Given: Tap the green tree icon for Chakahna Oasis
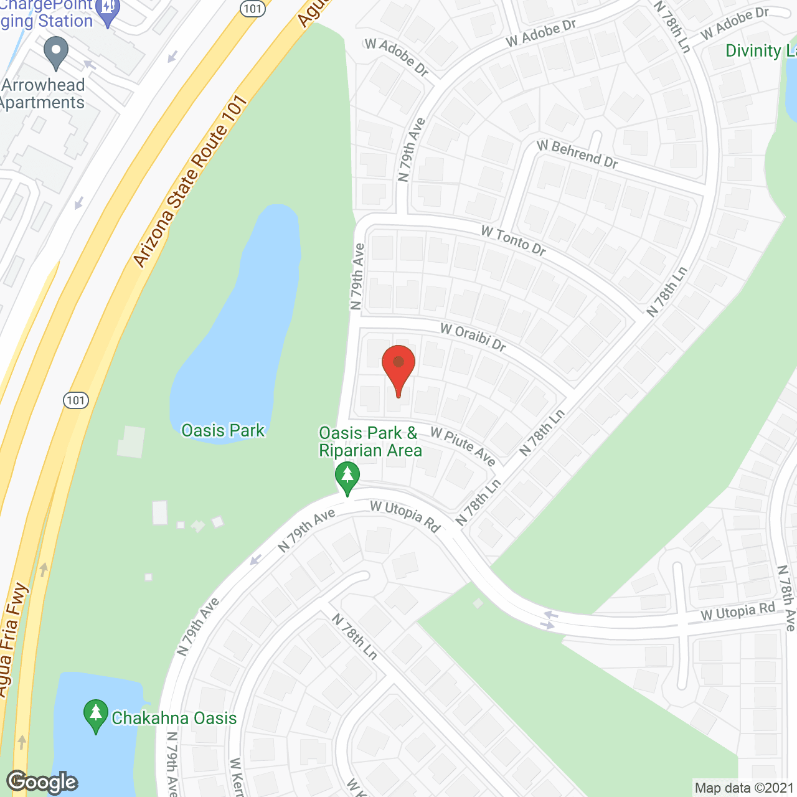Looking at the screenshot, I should (x=95, y=716).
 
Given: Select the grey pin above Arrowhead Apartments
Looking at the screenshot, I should (x=57, y=52).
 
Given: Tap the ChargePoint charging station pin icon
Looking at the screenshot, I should (x=109, y=12).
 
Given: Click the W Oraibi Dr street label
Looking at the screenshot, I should (x=473, y=337).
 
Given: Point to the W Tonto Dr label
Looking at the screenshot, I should (x=514, y=241).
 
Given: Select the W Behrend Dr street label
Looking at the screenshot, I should (x=577, y=154).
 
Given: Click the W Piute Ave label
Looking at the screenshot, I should (x=463, y=446).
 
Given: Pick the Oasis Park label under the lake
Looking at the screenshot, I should (x=222, y=430).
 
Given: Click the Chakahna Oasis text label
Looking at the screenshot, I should (x=174, y=718).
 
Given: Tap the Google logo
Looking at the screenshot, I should (x=42, y=781).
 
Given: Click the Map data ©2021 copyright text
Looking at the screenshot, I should (x=744, y=788).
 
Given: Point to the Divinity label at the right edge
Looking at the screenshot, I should (x=760, y=51).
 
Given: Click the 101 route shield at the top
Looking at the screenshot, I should (x=253, y=8).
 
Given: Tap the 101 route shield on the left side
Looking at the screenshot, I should (x=76, y=400).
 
